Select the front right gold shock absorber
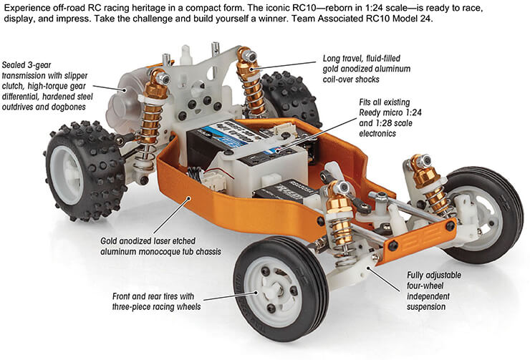click(x=433, y=186)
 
